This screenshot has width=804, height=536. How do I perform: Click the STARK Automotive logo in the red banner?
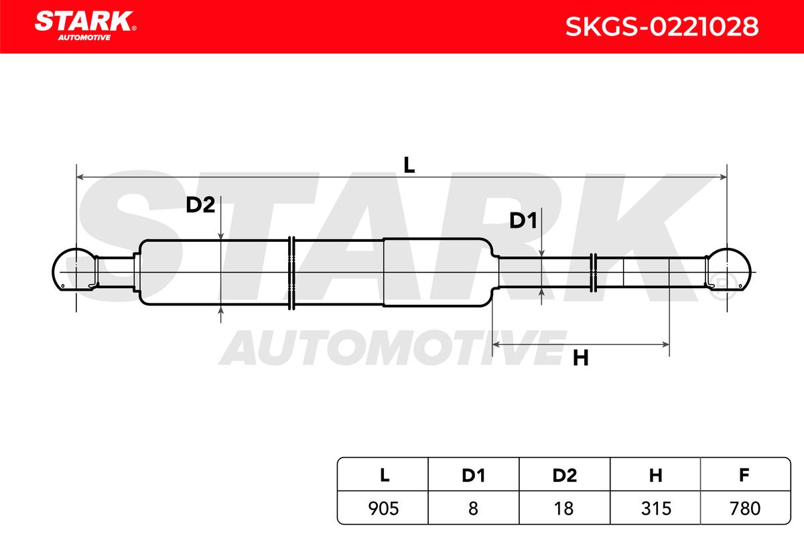coord(85,26)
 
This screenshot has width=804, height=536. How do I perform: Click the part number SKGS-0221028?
coord(662,27)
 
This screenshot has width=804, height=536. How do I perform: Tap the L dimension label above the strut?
coord(409,165)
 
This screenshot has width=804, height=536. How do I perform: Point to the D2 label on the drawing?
coord(200,205)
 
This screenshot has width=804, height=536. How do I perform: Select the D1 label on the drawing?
coord(523,220)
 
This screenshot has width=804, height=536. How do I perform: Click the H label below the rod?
coord(581,358)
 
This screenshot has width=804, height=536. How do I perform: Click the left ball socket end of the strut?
coord(75,269)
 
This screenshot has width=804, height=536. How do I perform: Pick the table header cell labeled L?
coord(383,474)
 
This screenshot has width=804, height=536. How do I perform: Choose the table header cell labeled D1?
coord(474,474)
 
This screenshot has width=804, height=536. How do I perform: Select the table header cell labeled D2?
coord(565,474)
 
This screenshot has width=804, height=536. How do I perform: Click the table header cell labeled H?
coord(655,474)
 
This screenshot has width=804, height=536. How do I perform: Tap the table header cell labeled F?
coord(745,474)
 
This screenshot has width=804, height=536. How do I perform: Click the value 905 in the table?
coord(383,509)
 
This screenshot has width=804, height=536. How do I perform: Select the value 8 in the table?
coord(473,509)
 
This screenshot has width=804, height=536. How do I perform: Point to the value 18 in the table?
coord(563,509)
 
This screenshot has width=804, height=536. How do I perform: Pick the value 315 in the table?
coord(656,509)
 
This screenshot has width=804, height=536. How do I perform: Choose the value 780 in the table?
coord(745,509)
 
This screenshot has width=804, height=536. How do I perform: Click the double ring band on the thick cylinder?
coord(292,273)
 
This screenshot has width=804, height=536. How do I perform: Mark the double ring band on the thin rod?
coord(594,273)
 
